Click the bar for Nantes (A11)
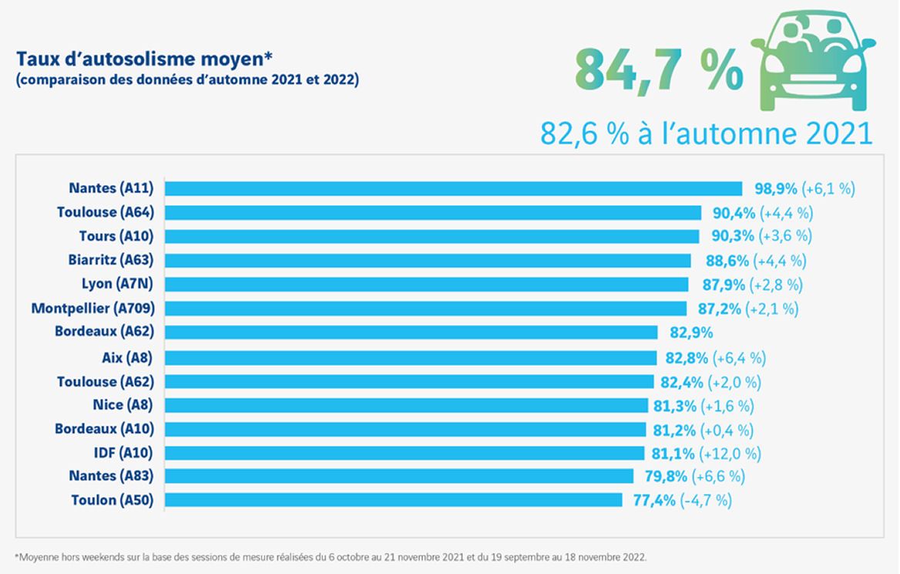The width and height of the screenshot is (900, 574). pos(453,188)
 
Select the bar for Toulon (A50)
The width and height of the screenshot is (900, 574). pos(393,500)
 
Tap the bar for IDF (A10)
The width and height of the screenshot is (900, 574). pos(405,452)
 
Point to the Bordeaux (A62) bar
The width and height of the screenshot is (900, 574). pos(411,333)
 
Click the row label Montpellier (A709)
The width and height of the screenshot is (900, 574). pos(93,309)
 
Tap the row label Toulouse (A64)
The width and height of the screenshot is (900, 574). pos(106,212)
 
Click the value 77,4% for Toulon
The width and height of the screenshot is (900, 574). pos(653,501)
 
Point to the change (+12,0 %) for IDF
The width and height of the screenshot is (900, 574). pos(730,453)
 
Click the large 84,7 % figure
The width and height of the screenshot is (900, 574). pos(659,71)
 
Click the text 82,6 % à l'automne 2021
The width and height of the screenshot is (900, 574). pos(706,133)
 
